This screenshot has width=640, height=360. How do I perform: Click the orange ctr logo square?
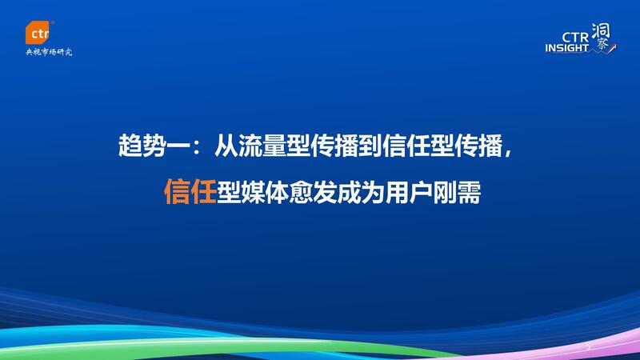point(38,32)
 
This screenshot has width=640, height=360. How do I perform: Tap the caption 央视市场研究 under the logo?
point(49,52)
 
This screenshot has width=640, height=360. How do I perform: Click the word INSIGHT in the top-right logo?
point(567,48)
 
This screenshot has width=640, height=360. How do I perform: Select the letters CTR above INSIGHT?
point(575,37)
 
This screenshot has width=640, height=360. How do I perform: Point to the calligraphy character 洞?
point(600,31)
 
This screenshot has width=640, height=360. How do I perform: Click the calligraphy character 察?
point(602,45)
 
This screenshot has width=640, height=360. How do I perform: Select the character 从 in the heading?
point(226,146)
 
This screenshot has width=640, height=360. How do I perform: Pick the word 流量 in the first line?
point(262,146)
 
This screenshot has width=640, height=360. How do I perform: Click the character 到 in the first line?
point(370,146)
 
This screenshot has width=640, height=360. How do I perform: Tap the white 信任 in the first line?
point(406,146)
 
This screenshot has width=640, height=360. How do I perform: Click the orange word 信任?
point(190,191)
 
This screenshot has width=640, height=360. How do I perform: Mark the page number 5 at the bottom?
point(588,347)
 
